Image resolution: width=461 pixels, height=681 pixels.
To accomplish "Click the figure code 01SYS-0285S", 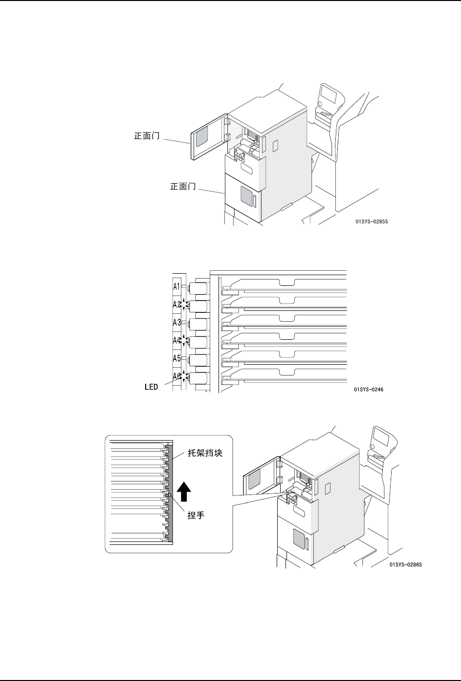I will click(372, 221).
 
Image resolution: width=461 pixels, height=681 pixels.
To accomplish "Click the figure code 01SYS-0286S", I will click(405, 564).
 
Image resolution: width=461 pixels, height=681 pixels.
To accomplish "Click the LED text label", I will click(151, 387).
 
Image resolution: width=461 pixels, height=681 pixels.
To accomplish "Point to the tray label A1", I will click(177, 286).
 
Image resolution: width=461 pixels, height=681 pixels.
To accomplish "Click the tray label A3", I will click(177, 322).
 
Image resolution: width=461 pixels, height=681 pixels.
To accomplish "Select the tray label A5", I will click(177, 358).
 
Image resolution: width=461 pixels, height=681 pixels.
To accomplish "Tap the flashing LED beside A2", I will click(184, 305).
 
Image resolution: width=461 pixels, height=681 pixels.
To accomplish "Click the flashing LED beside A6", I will click(184, 376).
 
